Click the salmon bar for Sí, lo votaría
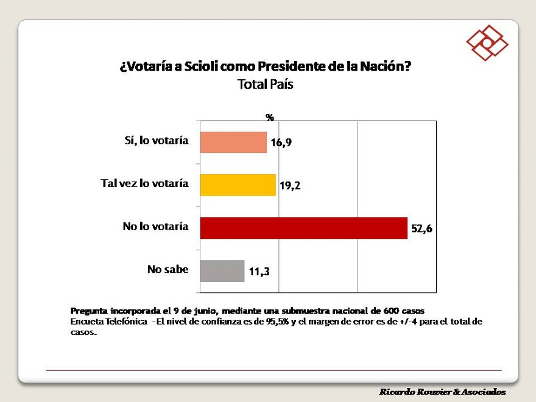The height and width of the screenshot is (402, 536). [x=233, y=142]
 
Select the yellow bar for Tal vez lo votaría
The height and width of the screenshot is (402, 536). [x=238, y=185]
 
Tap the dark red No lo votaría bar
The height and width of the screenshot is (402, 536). [x=303, y=228]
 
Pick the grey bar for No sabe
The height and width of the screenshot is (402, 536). [x=222, y=270]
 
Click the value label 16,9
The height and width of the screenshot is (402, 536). [x=281, y=144]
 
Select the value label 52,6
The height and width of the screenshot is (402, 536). [x=421, y=230]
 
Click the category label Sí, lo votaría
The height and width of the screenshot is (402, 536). [x=153, y=141]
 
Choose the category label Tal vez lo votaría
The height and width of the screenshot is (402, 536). [x=144, y=183]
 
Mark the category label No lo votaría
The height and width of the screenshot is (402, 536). [x=155, y=227]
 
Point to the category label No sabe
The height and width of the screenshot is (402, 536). [x=167, y=269]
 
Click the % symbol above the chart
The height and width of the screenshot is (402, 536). [x=270, y=117]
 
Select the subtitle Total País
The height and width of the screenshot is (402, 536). [x=265, y=85]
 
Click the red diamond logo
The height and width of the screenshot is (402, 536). [x=487, y=43]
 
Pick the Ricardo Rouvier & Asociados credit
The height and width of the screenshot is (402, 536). [x=442, y=391]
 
